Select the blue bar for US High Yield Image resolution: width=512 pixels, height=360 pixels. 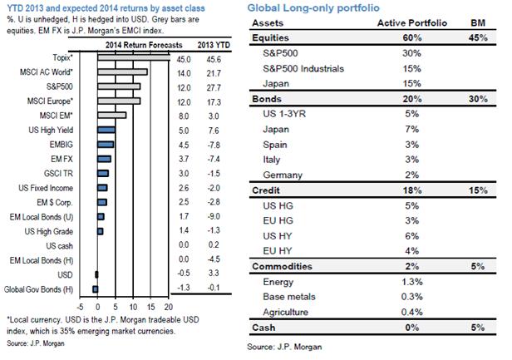click(105, 130)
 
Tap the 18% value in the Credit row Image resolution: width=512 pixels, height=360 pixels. click(394, 192)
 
